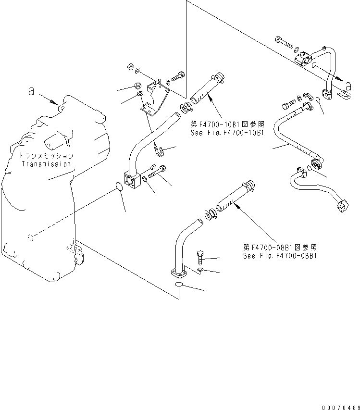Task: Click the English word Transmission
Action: (46, 163)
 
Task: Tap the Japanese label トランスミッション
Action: (46, 156)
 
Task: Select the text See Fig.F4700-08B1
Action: (280, 256)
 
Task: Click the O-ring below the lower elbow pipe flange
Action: (179, 285)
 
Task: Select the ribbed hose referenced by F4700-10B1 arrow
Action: (205, 90)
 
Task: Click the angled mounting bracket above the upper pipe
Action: (155, 98)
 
